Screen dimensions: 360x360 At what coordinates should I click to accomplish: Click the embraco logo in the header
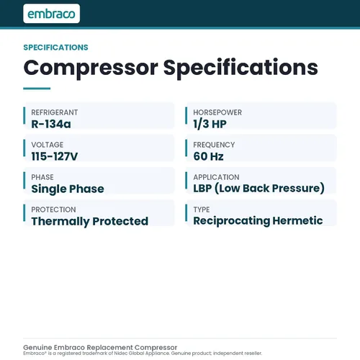coord(52,14)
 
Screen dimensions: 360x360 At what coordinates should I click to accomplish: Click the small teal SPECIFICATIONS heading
coord(55,48)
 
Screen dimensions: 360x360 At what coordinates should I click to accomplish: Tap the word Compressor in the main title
coord(91,68)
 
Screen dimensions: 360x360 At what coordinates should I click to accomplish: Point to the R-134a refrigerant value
coord(51,124)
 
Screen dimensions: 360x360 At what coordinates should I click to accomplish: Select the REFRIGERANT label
coord(55,112)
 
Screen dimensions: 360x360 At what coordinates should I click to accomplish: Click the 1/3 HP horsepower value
coord(210,124)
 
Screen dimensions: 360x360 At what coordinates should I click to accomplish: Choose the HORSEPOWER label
coord(217,112)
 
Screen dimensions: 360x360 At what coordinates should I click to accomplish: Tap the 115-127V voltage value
coord(55,156)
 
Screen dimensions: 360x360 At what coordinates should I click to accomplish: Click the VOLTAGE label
coord(48,145)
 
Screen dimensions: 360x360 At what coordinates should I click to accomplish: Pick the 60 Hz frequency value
coord(208,156)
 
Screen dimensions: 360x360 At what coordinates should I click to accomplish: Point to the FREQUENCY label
coord(214,145)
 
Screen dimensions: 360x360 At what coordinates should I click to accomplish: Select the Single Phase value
coord(68,189)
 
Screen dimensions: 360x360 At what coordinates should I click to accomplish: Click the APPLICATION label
coord(216,177)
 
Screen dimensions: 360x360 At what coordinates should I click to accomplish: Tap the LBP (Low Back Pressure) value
coord(259,189)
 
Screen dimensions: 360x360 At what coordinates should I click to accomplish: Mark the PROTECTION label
coord(53,210)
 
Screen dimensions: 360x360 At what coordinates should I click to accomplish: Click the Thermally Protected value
coord(90,221)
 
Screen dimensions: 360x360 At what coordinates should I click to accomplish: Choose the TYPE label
coord(202,210)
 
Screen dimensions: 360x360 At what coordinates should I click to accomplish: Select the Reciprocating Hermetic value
coord(258,221)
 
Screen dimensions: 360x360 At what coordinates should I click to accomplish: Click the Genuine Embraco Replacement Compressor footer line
coord(100,347)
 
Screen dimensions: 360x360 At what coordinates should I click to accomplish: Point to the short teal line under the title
coord(37,89)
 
